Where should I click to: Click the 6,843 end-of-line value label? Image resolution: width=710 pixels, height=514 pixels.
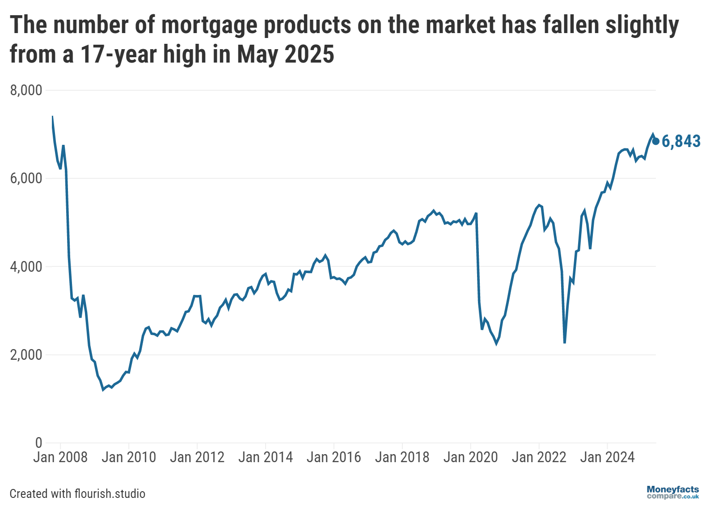tap(681, 141)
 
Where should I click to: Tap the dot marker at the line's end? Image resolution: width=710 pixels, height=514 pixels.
tap(656, 141)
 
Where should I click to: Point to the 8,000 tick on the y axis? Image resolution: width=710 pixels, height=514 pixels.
tap(26, 90)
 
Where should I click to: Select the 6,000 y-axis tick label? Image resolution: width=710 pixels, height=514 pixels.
tap(26, 178)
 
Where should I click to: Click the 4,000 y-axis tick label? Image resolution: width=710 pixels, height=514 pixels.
tap(26, 266)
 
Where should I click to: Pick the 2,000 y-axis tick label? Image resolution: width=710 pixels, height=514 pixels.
tap(26, 354)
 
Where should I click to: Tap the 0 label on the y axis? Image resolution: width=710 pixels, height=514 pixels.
tap(38, 442)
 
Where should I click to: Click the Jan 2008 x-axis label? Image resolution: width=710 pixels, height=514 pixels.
tap(60, 457)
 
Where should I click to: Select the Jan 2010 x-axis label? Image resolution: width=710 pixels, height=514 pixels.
tap(129, 457)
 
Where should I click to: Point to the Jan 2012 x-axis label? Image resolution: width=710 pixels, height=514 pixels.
tap(197, 457)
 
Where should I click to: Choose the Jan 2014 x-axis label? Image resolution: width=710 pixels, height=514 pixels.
tap(266, 457)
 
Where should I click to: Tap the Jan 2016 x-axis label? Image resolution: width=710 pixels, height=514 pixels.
tap(334, 457)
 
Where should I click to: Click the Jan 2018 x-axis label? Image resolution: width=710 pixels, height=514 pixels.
tap(402, 457)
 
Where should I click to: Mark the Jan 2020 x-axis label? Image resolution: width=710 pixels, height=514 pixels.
tap(470, 457)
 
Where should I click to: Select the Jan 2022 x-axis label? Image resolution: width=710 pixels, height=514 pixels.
tap(539, 457)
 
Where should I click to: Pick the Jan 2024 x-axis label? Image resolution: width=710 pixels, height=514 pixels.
tap(607, 457)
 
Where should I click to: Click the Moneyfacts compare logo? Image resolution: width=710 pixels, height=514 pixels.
tap(672, 493)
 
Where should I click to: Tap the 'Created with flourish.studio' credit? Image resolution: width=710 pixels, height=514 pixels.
tap(77, 493)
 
